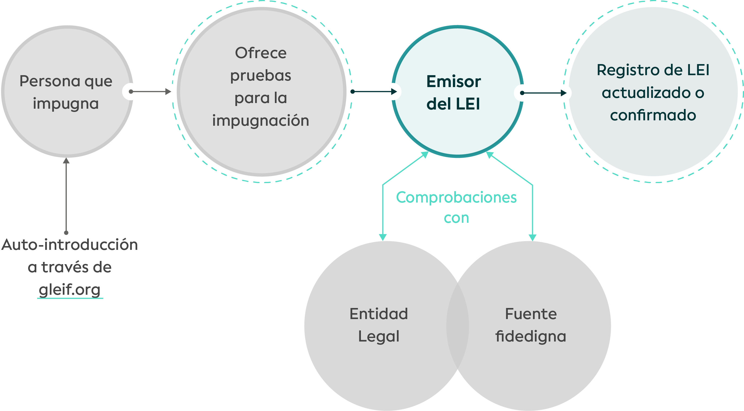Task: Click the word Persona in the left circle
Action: tap(50, 81)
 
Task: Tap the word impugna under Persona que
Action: tap(66, 104)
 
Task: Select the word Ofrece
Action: tap(261, 53)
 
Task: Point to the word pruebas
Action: tap(261, 76)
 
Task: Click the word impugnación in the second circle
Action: tap(261, 121)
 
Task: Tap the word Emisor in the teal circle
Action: tap(453, 82)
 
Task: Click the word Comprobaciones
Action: tap(456, 198)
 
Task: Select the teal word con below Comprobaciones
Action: tap(456, 218)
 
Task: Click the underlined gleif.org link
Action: tap(70, 290)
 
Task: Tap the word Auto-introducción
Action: tap(70, 245)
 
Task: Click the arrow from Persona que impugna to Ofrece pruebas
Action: tap(151, 91)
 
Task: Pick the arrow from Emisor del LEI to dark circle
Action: tap(544, 93)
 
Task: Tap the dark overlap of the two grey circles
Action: tap(457, 326)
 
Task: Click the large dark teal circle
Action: tap(653, 91)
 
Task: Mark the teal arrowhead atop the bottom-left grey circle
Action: tap(383, 237)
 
